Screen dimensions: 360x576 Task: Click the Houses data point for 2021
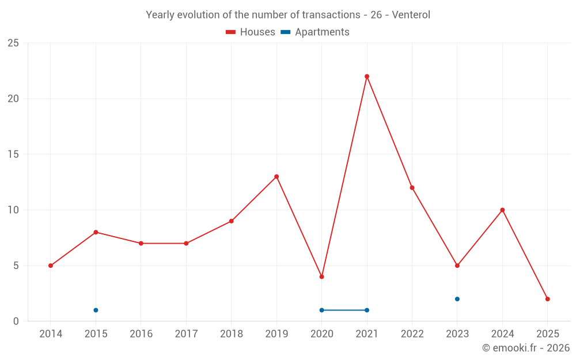click(367, 77)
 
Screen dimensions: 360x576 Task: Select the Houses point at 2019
click(276, 177)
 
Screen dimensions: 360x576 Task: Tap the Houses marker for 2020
click(321, 277)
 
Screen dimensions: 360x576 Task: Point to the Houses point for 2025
click(548, 299)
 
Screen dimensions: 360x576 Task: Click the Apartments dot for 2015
click(96, 310)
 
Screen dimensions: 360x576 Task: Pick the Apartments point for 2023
click(457, 299)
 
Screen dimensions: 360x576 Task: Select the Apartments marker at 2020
click(321, 310)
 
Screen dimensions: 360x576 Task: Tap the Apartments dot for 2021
click(367, 310)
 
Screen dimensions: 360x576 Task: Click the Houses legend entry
click(251, 32)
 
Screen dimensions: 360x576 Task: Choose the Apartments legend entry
click(315, 32)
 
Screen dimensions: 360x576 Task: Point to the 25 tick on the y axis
click(13, 43)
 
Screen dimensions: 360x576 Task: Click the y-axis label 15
click(13, 154)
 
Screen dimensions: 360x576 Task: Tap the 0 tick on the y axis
click(16, 321)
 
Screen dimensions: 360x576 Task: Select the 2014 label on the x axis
click(51, 334)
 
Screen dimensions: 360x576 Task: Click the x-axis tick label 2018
click(232, 334)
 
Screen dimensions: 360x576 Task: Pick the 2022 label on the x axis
click(412, 334)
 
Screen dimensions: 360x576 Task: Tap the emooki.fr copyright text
click(525, 348)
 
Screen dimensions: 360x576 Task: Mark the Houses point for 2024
click(502, 210)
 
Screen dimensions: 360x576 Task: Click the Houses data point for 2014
click(51, 266)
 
